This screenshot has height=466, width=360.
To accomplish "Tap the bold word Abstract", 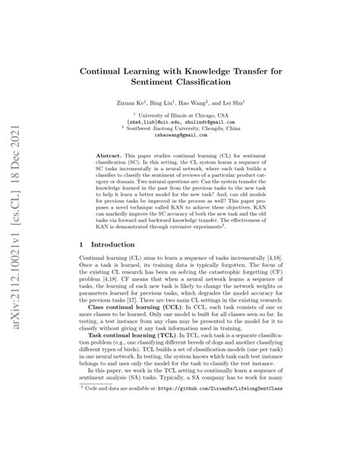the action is tap(110, 155).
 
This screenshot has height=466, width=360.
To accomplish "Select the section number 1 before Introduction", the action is tap(81, 246).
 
